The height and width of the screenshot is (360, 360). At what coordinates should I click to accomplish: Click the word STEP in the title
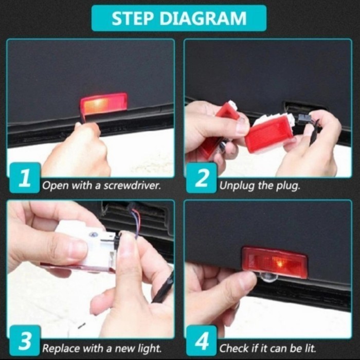132,18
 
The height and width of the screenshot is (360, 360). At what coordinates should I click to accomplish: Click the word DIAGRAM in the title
203,18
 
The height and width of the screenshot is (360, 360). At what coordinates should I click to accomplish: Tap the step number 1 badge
25,178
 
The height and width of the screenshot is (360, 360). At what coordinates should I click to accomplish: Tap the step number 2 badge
202,178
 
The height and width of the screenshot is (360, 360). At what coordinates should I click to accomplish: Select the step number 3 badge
25,340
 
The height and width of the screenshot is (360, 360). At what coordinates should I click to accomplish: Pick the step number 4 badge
202,340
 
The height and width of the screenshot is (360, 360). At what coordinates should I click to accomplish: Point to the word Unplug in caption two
237,186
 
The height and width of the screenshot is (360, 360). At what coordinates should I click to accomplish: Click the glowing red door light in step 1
103,104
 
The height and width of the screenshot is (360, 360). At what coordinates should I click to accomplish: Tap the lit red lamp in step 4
275,262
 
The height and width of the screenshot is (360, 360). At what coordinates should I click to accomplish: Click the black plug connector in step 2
304,119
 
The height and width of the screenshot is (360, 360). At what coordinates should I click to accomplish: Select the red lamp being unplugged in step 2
268,133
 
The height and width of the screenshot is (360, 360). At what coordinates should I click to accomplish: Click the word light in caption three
150,348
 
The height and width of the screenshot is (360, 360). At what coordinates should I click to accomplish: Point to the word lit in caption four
311,348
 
